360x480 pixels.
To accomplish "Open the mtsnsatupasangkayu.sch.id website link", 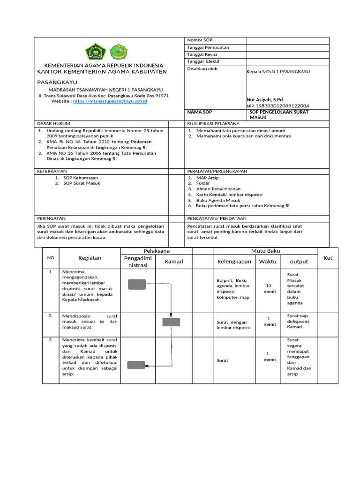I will tap(111, 101).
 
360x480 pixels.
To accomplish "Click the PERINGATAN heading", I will tap(51, 218).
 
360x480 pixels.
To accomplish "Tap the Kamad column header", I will tap(173, 261).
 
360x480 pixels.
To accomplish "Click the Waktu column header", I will tap(268, 261).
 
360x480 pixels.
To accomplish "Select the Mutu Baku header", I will tap(265, 251).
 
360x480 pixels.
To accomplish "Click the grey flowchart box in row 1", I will tap(137, 284).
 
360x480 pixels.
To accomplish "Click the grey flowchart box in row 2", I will tap(171, 322).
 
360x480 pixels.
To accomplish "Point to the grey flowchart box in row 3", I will tap(136, 365).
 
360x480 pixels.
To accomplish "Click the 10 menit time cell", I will tap(269, 288).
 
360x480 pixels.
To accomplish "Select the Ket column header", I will tap(328, 258).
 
